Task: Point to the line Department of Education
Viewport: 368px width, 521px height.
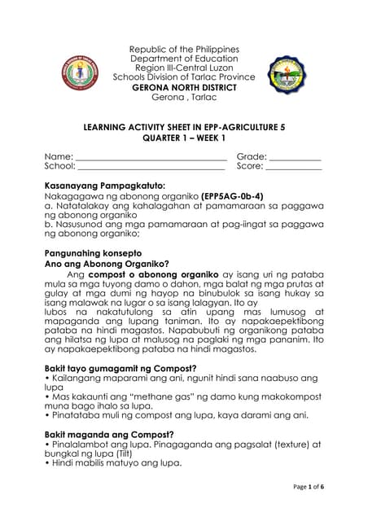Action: [x=184, y=59]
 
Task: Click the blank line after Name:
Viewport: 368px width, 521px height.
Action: [x=151, y=156]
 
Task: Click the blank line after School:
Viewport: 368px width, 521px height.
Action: [x=151, y=167]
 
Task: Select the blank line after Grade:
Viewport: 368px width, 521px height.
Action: [x=295, y=156]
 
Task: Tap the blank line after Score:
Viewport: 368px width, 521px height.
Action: [x=294, y=167]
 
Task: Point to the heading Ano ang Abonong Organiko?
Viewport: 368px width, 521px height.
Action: [x=106, y=264]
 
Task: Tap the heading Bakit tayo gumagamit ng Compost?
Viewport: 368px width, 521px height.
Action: [x=121, y=368]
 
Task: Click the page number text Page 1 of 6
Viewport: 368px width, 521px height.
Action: [x=304, y=486]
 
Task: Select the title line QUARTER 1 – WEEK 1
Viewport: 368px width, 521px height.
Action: [x=184, y=138]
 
